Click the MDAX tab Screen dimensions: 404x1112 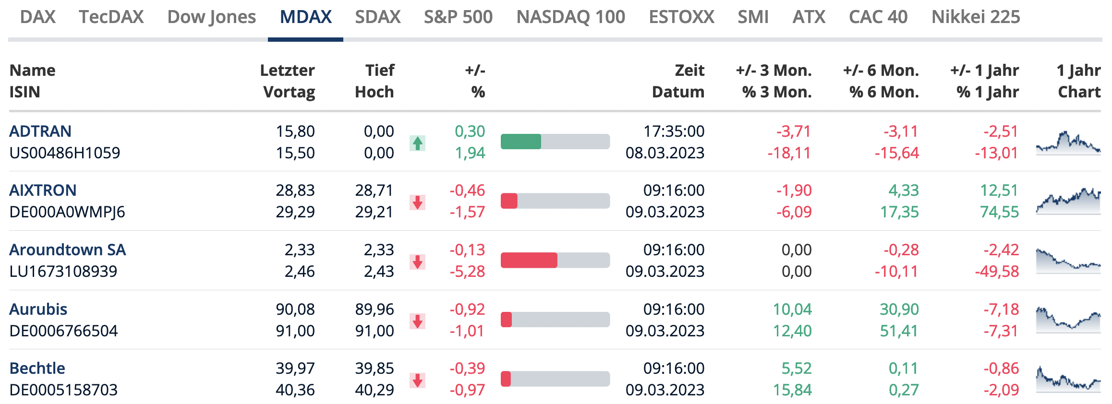[305, 17]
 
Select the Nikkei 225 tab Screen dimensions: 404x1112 [975, 17]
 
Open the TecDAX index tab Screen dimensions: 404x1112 [111, 17]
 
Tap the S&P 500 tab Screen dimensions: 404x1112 [458, 17]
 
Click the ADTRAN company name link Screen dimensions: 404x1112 [40, 131]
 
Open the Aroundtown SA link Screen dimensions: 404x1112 [68, 250]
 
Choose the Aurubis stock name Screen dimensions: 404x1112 [38, 309]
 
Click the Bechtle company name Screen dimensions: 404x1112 [37, 368]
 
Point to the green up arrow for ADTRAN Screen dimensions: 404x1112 [418, 143]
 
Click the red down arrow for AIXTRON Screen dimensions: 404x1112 [418, 202]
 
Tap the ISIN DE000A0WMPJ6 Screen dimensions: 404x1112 [67, 212]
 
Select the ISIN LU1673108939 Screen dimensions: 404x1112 [63, 271]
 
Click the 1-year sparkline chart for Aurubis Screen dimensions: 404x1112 [1068, 320]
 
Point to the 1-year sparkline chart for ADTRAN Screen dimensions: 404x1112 [1068, 143]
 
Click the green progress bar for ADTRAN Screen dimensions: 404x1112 [521, 142]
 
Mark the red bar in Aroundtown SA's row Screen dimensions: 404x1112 [529, 261]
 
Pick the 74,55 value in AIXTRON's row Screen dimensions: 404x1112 [999, 212]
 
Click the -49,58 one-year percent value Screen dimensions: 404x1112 [997, 271]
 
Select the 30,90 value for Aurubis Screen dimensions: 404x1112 [899, 309]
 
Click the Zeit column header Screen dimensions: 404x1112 [689, 71]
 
